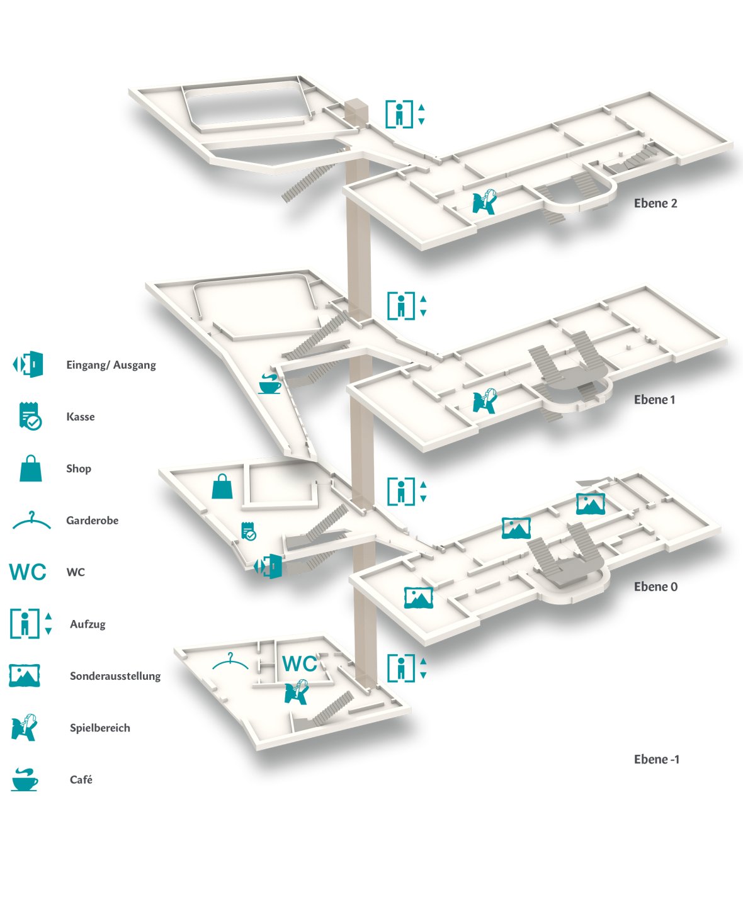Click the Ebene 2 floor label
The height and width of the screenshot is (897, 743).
coord(655,203)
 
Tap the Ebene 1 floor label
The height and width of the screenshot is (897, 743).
coord(654,400)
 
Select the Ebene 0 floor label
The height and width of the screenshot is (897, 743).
coord(655,587)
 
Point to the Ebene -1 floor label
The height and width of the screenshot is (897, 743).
coord(656,759)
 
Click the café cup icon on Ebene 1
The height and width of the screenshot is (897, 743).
coord(269,383)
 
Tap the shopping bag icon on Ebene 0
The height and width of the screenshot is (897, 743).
coord(222,486)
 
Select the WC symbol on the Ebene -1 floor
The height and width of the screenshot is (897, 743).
coord(300,664)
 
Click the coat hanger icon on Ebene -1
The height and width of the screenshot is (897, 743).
coord(230,662)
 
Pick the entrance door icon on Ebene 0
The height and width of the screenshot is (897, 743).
coord(269,566)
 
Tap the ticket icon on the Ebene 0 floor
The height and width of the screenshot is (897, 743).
coord(249,531)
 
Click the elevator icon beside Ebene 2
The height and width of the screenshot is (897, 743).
coord(405,114)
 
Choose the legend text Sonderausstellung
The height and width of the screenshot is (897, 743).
coord(115,676)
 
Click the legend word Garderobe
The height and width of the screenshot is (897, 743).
coord(92,521)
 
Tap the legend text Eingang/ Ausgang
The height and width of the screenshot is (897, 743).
coord(111,365)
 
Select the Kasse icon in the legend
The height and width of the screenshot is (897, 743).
coord(30,416)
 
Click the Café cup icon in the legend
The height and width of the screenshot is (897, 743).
coord(25,779)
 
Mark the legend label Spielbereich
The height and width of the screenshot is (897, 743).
coord(99,728)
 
